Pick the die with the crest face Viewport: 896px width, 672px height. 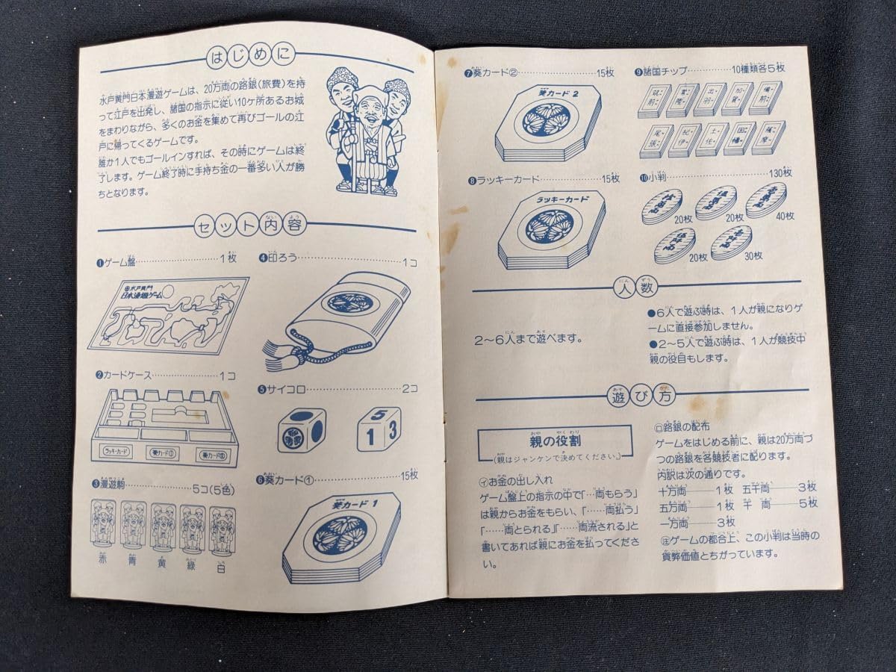(301, 430)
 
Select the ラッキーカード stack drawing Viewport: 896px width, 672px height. (552, 227)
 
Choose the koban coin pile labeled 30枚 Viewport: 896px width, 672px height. (732, 242)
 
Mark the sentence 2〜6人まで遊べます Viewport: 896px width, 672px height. (529, 338)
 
